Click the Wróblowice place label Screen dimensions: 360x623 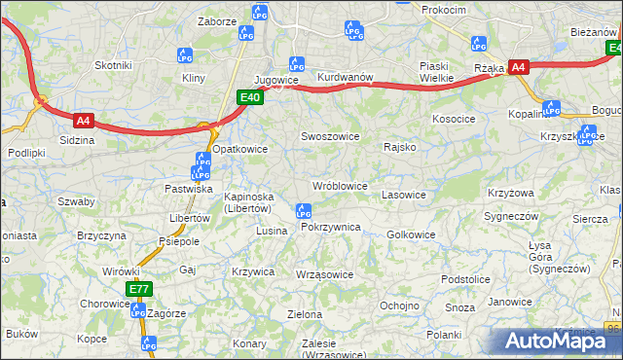pyautogui.click(x=339, y=185)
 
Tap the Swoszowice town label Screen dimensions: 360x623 pyautogui.click(x=330, y=137)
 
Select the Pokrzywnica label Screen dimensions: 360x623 pyautogui.click(x=331, y=226)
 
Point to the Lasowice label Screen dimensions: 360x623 pyautogui.click(x=404, y=195)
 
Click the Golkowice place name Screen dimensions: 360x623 pyautogui.click(x=411, y=234)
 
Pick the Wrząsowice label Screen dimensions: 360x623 pyautogui.click(x=324, y=274)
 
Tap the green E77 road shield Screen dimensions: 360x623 pyautogui.click(x=138, y=289)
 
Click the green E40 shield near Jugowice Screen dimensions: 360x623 pyautogui.click(x=250, y=97)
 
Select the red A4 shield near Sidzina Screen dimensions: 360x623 pyautogui.click(x=84, y=122)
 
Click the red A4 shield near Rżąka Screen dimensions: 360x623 pyautogui.click(x=519, y=67)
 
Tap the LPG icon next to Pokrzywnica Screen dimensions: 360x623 pyautogui.click(x=303, y=210)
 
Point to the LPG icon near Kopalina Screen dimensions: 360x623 pyautogui.click(x=552, y=108)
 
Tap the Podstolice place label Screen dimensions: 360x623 pyautogui.click(x=465, y=278)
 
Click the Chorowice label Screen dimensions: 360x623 pyautogui.click(x=105, y=303)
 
